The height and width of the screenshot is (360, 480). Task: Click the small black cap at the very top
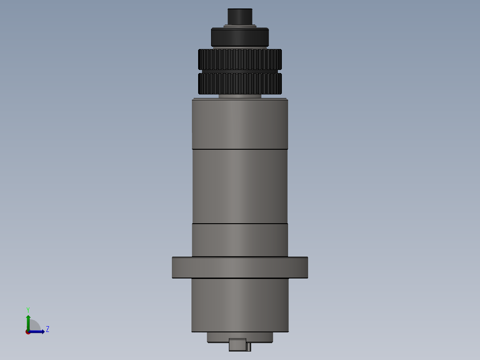tap(240, 16)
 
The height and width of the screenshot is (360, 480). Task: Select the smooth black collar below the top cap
tap(240, 37)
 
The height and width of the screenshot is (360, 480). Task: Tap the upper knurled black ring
tap(240, 59)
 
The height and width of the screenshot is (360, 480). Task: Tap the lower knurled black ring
tap(240, 83)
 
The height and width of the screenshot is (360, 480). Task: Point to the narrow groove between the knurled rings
tap(240, 71)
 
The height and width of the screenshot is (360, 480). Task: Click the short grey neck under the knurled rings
tap(240, 95)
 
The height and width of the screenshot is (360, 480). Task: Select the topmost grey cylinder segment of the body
tap(240, 123)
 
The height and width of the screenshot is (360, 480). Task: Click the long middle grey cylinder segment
tap(240, 186)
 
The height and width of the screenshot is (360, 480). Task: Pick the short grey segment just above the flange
tap(240, 240)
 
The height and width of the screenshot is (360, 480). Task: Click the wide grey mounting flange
tap(240, 267)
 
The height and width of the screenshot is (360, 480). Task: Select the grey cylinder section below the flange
tap(240, 305)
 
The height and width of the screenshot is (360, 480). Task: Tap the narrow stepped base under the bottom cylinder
tap(240, 337)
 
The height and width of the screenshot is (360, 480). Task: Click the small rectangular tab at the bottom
tap(237, 344)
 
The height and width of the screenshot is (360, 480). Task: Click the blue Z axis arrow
tap(38, 331)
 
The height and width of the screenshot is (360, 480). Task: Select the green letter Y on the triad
tap(28, 309)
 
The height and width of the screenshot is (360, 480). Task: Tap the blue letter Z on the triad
tap(48, 329)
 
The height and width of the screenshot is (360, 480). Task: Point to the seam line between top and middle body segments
tap(240, 148)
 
